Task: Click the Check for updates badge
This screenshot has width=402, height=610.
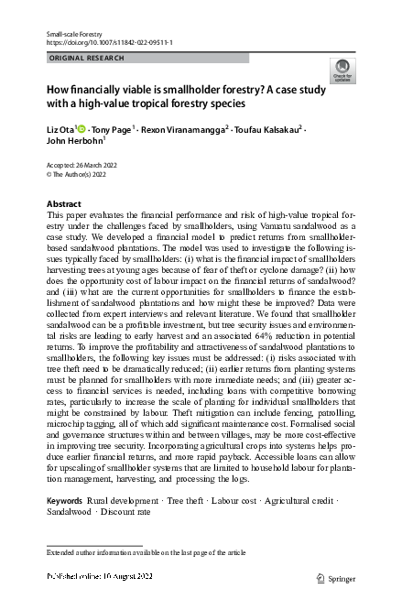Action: click(x=344, y=70)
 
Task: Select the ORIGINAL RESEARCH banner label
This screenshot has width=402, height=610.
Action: click(x=83, y=58)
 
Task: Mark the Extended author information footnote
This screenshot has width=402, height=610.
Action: click(x=147, y=553)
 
